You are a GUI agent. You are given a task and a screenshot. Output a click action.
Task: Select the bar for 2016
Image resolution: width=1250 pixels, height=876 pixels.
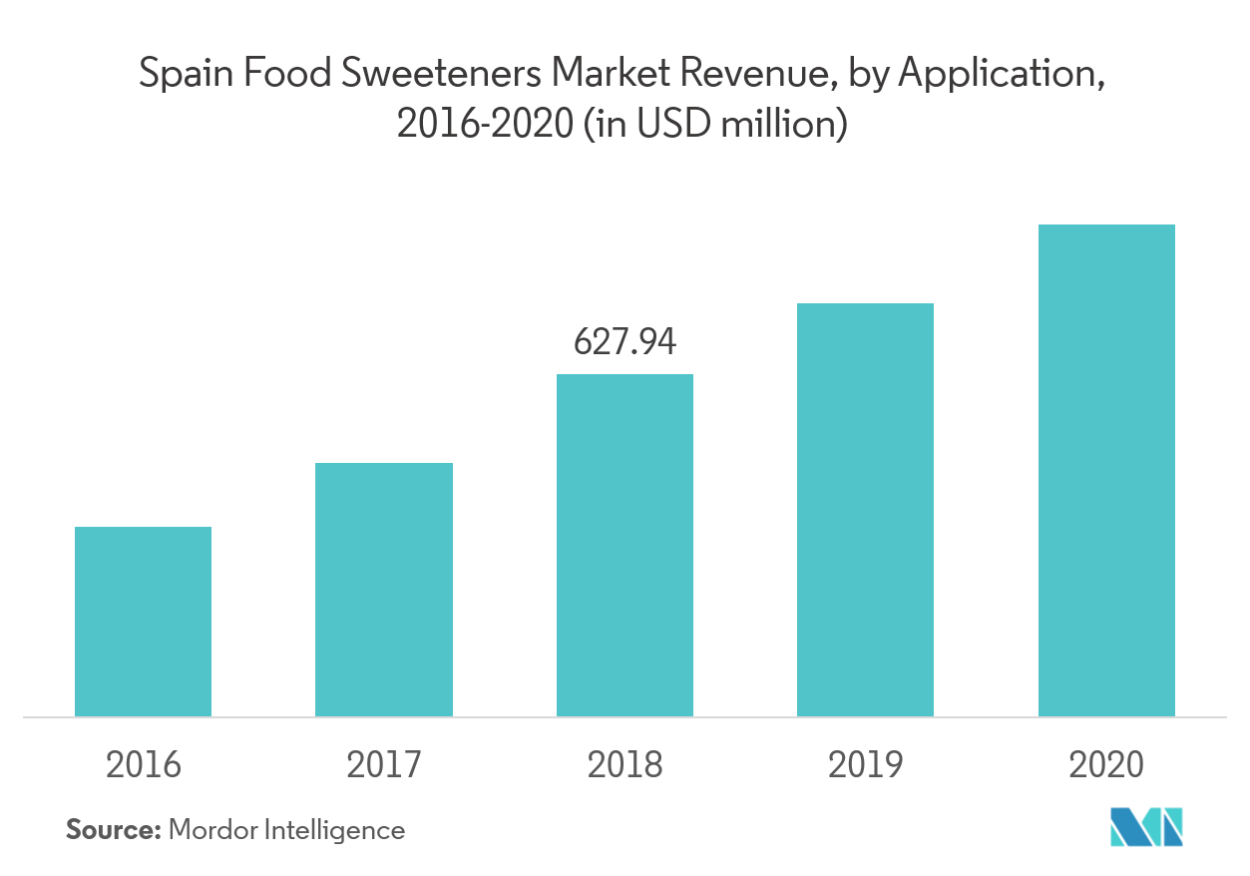[143, 621]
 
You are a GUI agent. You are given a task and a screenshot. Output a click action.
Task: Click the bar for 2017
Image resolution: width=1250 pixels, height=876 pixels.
[384, 589]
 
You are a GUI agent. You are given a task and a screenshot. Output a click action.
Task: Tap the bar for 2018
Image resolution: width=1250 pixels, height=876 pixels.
[625, 545]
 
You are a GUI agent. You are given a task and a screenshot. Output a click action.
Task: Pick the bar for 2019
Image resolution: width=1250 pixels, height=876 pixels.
[865, 509]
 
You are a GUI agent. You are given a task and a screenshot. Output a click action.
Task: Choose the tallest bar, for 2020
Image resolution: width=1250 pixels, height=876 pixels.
[1106, 470]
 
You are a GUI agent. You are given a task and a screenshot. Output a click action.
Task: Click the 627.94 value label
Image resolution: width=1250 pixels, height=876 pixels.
[625, 342]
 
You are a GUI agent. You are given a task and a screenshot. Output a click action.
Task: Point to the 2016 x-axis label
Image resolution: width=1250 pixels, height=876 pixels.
[143, 765]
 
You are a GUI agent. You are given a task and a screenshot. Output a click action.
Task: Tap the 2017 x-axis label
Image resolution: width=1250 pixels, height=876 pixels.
[384, 765]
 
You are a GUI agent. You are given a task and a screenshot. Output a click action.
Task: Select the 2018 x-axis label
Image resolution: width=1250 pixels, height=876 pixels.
[625, 765]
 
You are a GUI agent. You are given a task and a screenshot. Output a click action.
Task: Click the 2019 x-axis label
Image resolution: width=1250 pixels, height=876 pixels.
[865, 765]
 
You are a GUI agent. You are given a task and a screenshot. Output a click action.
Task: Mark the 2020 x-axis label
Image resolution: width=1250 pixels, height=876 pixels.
[1106, 765]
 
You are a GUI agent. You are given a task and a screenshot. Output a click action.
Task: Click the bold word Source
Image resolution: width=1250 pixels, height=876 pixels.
[113, 829]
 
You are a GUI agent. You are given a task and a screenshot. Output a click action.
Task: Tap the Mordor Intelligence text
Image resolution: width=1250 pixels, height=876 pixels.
[286, 830]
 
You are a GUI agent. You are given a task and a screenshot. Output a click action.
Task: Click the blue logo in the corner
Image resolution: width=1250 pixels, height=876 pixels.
[1146, 826]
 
